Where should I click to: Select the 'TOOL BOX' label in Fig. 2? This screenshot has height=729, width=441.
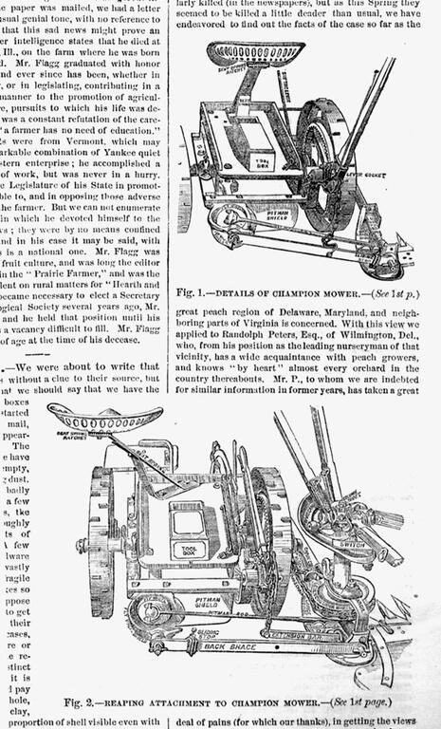coord(188,549)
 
